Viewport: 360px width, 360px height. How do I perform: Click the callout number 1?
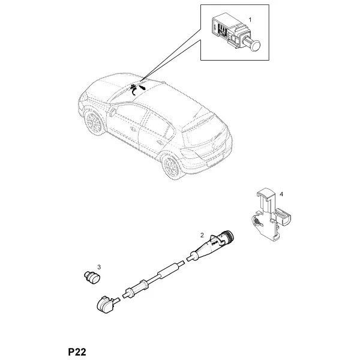[x=250, y=20]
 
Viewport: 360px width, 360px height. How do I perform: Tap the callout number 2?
[x=202, y=235]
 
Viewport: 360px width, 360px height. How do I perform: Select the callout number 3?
[x=99, y=267]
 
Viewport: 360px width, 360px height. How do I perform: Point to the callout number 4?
[x=281, y=194]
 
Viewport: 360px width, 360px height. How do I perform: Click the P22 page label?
[x=77, y=352]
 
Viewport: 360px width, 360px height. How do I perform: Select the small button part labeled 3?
[x=92, y=277]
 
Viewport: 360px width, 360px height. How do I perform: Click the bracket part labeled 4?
[x=270, y=215]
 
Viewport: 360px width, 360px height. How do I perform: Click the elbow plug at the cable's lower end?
[x=106, y=304]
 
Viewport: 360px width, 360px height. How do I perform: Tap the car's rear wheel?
[x=171, y=166]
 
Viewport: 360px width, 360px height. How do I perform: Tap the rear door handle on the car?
[x=159, y=142]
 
